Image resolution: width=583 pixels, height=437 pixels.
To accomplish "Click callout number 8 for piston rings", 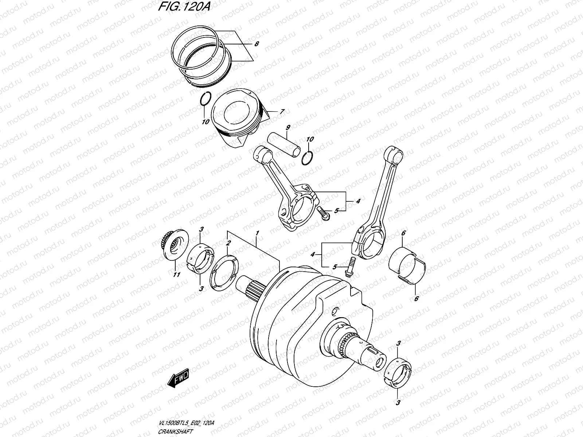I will pos(257,44).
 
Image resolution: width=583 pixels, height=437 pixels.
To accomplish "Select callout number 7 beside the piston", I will pos(282,112).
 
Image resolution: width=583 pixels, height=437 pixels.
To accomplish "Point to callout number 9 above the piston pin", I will pos(287,127).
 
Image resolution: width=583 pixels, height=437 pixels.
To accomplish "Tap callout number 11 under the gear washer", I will pos(176,275).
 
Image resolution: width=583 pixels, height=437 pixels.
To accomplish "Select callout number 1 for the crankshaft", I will pos(257,233).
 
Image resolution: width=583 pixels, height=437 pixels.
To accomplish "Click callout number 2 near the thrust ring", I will pos(228,243).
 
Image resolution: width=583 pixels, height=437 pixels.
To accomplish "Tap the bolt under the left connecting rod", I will pos(323,213).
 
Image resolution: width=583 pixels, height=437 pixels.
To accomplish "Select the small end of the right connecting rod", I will pos(395,154).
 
